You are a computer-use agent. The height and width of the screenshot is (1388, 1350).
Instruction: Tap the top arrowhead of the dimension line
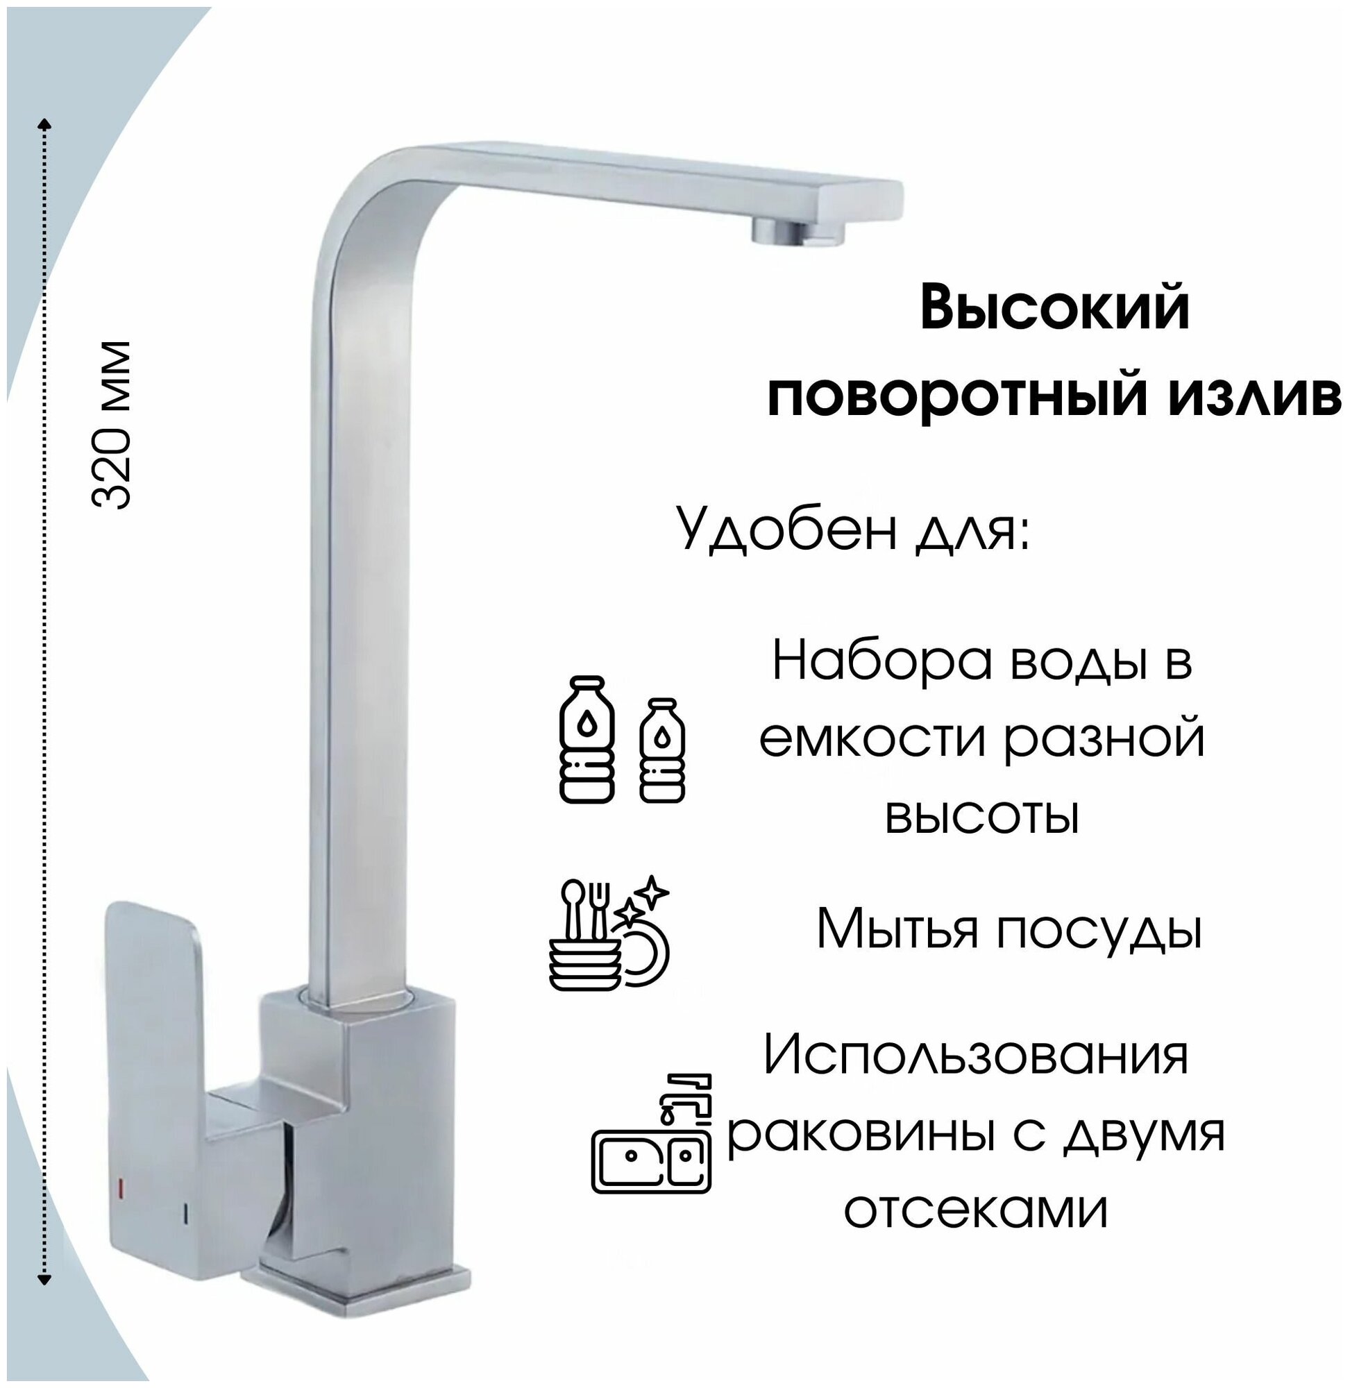pyautogui.click(x=44, y=124)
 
